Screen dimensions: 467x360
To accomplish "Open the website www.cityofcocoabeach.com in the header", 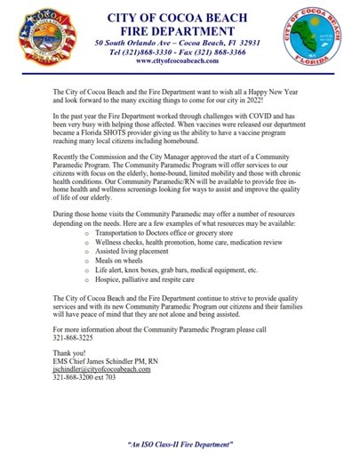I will coord(179,63).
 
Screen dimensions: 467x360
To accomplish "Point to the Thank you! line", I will coord(72,378).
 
